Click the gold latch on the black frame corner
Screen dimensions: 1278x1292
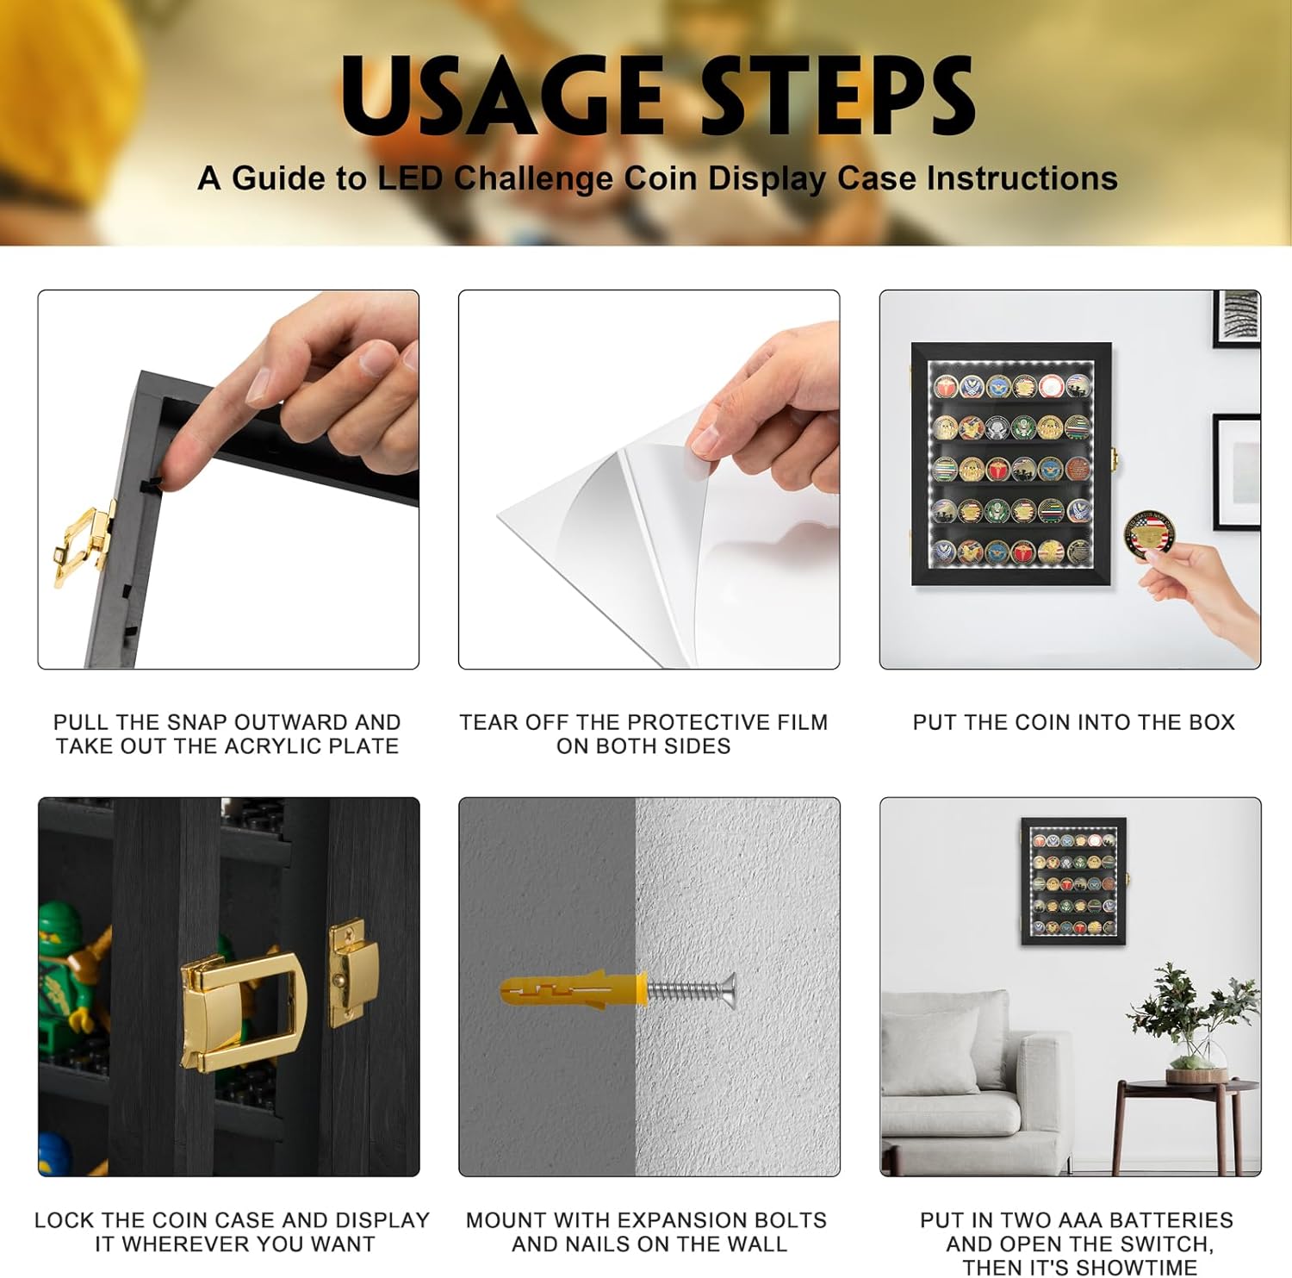[x=84, y=542]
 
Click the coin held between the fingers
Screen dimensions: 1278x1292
[x=1150, y=533]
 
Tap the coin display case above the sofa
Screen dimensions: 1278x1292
[x=1073, y=882]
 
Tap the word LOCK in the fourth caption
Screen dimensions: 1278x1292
[x=65, y=1220]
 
